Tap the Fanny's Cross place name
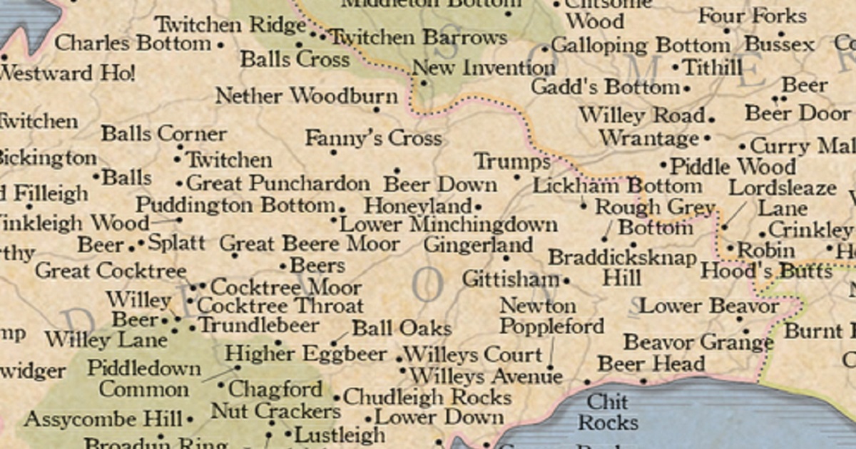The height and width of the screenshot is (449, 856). pyautogui.click(x=373, y=138)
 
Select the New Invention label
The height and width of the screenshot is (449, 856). pyautogui.click(x=484, y=68)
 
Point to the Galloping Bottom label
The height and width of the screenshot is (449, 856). pyautogui.click(x=640, y=46)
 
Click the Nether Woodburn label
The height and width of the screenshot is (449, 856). pyautogui.click(x=307, y=96)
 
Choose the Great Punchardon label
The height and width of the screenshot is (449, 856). pyautogui.click(x=278, y=183)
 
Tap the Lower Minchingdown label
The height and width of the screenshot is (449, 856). pyautogui.click(x=448, y=224)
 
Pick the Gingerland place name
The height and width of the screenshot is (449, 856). pyautogui.click(x=478, y=245)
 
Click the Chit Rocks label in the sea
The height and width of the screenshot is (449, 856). pyautogui.click(x=608, y=411)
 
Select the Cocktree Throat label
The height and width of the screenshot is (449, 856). pyautogui.click(x=280, y=306)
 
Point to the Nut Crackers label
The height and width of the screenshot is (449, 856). pyautogui.click(x=275, y=411)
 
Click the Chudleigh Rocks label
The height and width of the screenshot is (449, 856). pyautogui.click(x=427, y=397)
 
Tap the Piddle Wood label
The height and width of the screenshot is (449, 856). pyautogui.click(x=733, y=167)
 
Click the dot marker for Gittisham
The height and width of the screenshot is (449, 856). pyautogui.click(x=566, y=281)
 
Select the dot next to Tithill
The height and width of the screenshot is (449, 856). pyautogui.click(x=676, y=68)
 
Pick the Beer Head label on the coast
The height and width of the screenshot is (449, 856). pyautogui.click(x=651, y=363)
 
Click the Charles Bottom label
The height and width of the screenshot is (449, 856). pyautogui.click(x=133, y=43)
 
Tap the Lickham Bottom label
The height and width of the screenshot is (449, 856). pyautogui.click(x=617, y=186)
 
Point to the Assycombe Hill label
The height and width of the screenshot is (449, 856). pyautogui.click(x=103, y=419)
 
